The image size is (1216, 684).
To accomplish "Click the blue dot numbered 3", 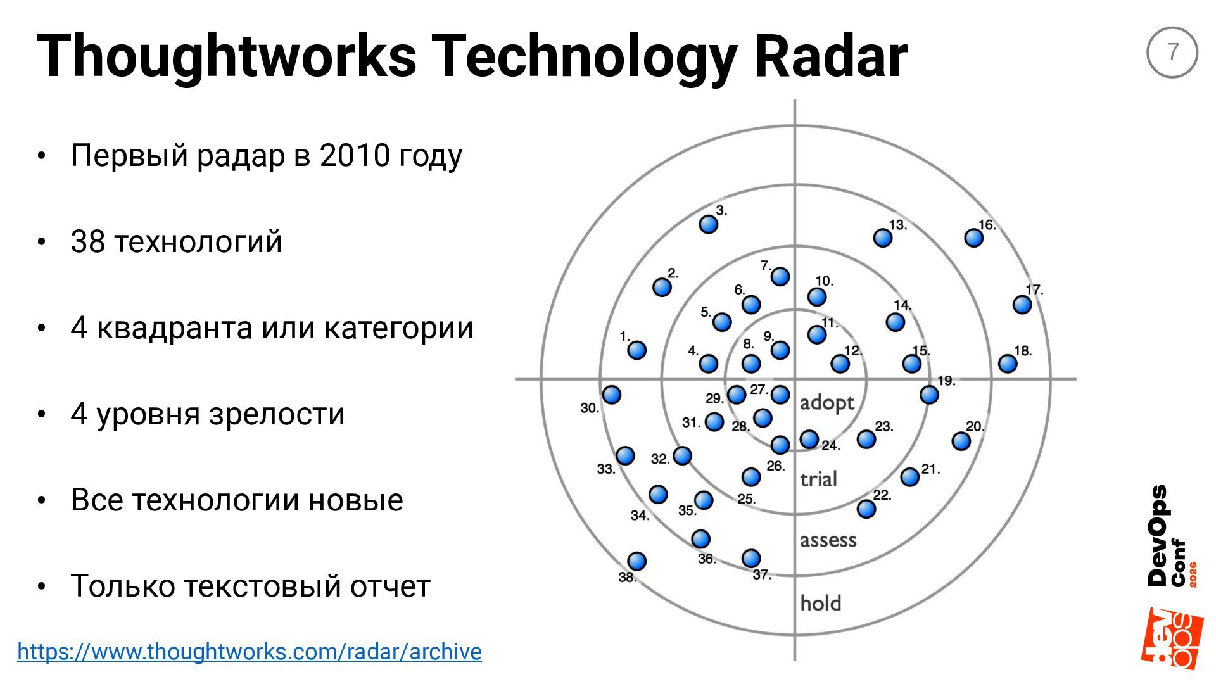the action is [x=708, y=224].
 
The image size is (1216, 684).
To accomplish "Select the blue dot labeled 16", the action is [x=973, y=238].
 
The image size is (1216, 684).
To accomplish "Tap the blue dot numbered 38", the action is [x=636, y=561].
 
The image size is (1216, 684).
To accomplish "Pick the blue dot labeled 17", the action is [x=1022, y=305].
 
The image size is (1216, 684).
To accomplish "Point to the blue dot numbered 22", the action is [x=866, y=509].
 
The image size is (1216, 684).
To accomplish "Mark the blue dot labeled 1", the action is [x=636, y=350].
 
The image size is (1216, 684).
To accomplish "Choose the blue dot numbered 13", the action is [x=882, y=238].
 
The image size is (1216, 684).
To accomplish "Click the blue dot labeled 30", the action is [x=611, y=395].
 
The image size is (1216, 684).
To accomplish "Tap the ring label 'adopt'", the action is [x=827, y=403].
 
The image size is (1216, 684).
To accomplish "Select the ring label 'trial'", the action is [x=818, y=479].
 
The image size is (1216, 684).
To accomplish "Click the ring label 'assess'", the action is [x=828, y=540].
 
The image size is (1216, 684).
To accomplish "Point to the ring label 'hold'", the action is [x=821, y=603].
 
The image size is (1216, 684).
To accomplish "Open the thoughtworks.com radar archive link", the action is [x=250, y=652].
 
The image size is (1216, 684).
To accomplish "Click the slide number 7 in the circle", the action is [x=1172, y=52].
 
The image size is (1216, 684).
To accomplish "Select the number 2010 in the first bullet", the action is [x=355, y=155].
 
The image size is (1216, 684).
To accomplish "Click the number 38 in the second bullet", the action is [x=88, y=241].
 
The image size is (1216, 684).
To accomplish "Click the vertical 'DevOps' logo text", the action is [x=1158, y=536].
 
